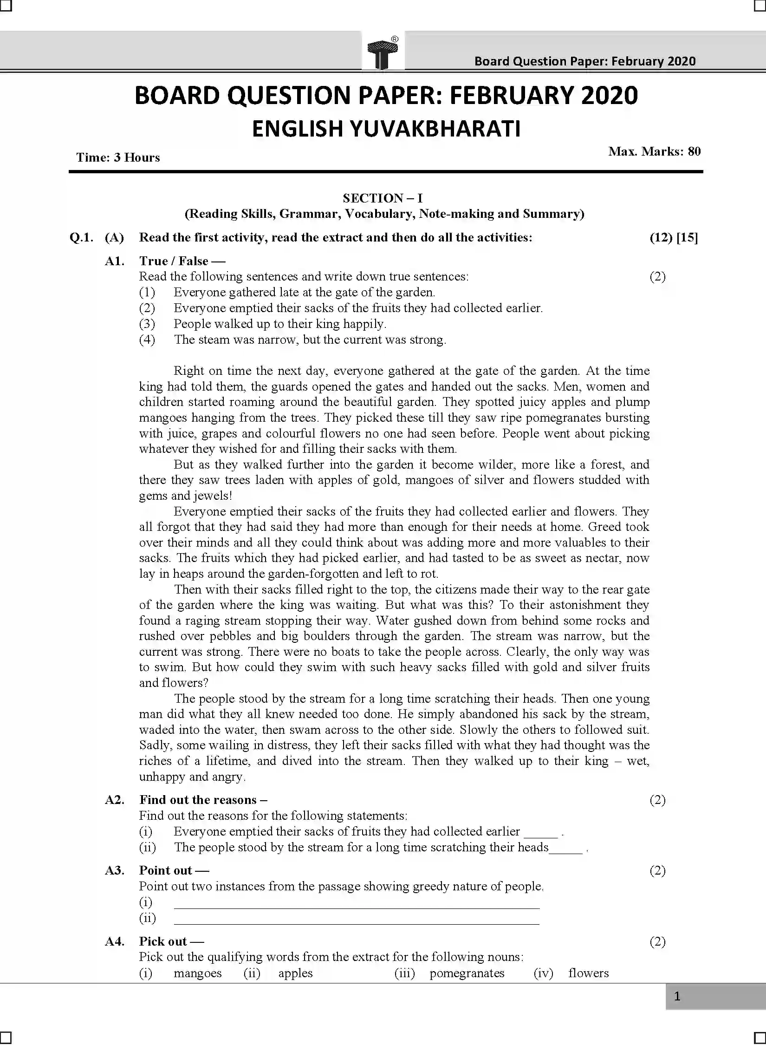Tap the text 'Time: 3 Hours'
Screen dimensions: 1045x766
[x=118, y=157]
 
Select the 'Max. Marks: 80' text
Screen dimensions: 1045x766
[x=654, y=151]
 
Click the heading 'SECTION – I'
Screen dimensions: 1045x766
[x=383, y=198]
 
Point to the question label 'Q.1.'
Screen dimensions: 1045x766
[x=81, y=238]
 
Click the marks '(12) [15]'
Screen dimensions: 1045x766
[x=673, y=238]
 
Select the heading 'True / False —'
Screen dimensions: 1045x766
[x=175, y=261]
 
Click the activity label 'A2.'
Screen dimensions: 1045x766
[x=115, y=800]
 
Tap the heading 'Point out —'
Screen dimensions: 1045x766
[x=174, y=870]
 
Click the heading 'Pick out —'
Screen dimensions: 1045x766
[x=171, y=941]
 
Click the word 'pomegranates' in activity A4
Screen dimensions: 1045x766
[x=467, y=973]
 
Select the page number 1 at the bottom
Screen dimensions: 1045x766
[x=677, y=996]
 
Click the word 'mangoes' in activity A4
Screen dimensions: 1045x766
[x=198, y=973]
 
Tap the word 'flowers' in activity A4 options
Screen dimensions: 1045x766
[x=588, y=973]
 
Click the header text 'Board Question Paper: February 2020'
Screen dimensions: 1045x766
[x=584, y=61]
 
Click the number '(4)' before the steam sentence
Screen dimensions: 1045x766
[x=147, y=340]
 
